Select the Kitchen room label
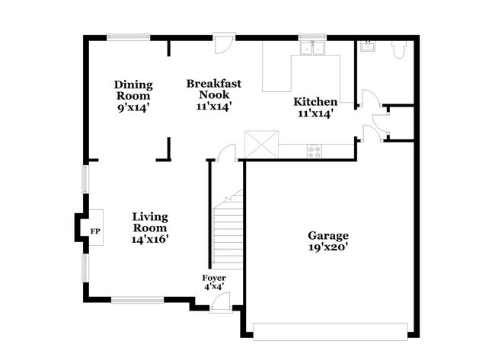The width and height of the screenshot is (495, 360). click(316, 101)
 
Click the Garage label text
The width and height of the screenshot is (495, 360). click(328, 236)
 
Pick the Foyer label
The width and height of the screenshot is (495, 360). click(214, 278)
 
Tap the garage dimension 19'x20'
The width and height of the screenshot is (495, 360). click(328, 247)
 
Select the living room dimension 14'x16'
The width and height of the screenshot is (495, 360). click(149, 239)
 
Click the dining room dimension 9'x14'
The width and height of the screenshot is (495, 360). click(133, 108)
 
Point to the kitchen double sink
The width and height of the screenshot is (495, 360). click(312, 48)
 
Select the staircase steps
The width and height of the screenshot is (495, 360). click(227, 232)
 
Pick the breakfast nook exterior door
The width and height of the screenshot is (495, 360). click(223, 43)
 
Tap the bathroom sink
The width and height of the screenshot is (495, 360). click(369, 46)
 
